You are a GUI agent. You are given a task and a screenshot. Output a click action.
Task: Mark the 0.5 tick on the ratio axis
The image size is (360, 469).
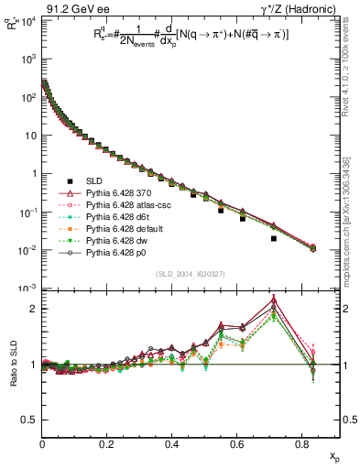(32, 420)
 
